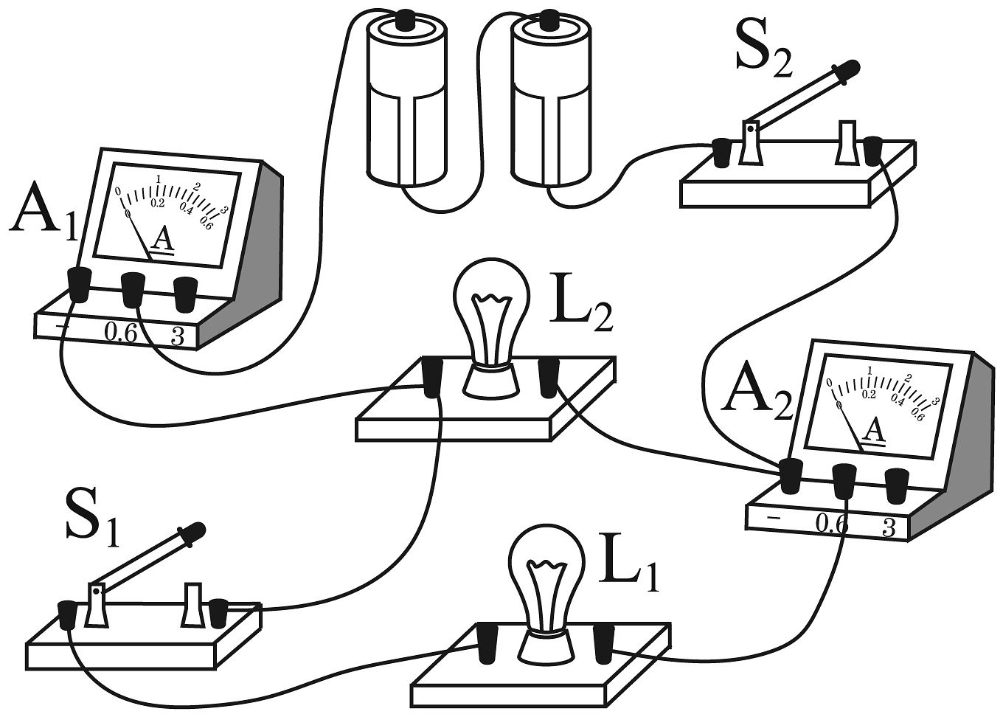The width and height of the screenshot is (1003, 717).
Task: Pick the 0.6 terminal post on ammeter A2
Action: pyautogui.click(x=844, y=479)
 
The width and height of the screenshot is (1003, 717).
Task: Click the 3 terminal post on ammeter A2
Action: pyautogui.click(x=897, y=482)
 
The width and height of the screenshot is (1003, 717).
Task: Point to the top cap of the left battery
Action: pyautogui.click(x=405, y=20)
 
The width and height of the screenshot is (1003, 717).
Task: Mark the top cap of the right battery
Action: pyautogui.click(x=549, y=20)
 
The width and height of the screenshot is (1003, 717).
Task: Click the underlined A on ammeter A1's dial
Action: pyautogui.click(x=162, y=239)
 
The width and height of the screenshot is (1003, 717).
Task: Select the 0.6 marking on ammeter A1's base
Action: pyautogui.click(x=120, y=333)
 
